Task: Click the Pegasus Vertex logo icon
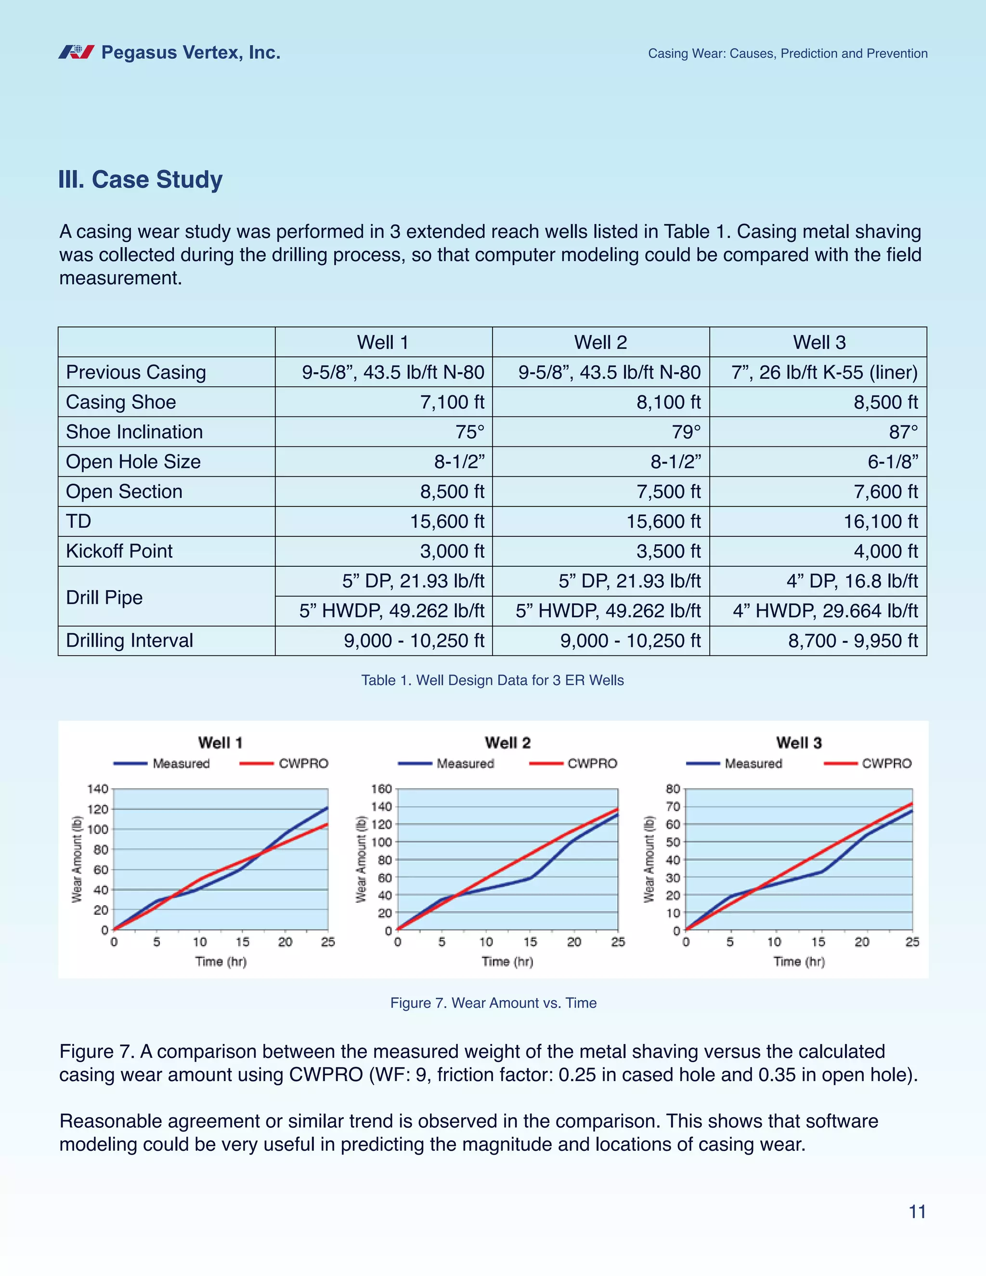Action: click(x=76, y=52)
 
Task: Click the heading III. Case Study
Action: click(x=140, y=180)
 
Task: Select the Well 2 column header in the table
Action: click(x=600, y=342)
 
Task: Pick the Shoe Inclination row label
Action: click(x=134, y=432)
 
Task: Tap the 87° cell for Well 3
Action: click(x=903, y=432)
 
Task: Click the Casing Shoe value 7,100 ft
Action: click(x=452, y=402)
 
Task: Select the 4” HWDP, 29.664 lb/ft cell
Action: click(x=825, y=611)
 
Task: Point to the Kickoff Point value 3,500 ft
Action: click(x=669, y=551)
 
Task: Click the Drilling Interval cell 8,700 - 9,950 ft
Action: click(x=853, y=640)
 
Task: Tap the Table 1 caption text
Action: click(x=493, y=680)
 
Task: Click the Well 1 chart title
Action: click(x=220, y=742)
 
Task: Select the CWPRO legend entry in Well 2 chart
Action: click(x=592, y=764)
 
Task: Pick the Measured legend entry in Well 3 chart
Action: click(x=753, y=764)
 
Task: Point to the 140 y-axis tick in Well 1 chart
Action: click(x=98, y=789)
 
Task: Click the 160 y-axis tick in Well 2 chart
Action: click(x=381, y=789)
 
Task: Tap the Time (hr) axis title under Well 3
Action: click(x=799, y=962)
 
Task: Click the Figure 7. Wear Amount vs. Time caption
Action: click(x=493, y=1003)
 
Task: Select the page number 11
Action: click(x=917, y=1212)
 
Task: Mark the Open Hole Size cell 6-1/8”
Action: click(x=893, y=462)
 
